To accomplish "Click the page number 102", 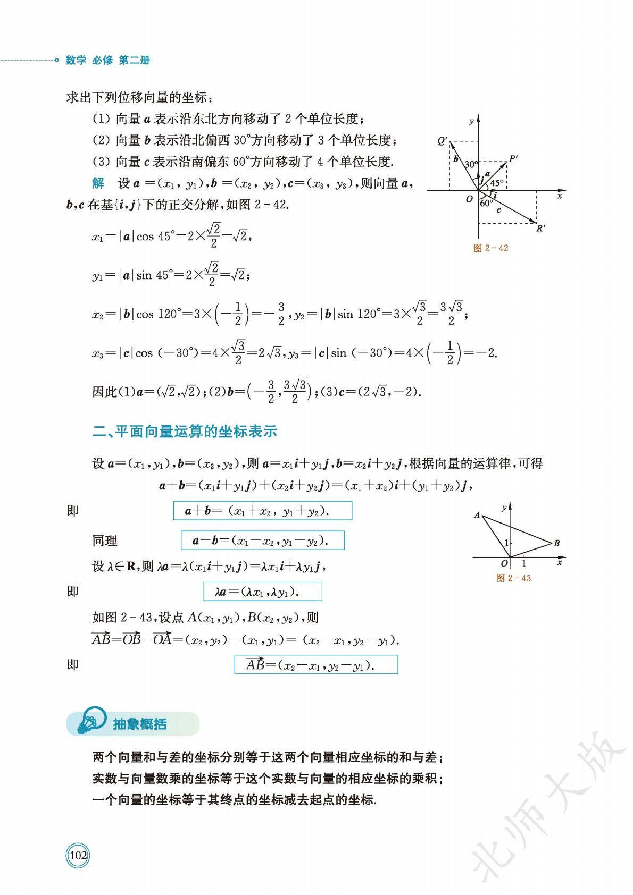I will coord(78,855).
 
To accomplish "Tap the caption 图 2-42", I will coord(490,248).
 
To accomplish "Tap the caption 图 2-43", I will coord(513,578).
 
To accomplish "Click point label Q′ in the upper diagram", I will coord(442,141).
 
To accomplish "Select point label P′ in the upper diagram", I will coord(513,158).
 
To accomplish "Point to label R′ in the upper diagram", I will coord(540,229).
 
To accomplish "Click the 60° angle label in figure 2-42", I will coord(486,203).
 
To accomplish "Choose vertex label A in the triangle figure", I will coord(477,514).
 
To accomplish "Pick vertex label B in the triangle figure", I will coord(556,543).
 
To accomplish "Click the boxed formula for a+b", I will coord(263,511).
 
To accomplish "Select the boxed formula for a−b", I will coord(263,541).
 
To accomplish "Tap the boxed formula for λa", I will coord(263,592).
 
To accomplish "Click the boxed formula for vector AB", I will coord(316,664).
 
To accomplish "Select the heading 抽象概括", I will coord(140,724).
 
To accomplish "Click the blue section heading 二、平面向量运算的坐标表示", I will coord(185,431).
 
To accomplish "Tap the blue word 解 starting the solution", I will coord(98,183).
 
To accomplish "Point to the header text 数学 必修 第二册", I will coord(107,60).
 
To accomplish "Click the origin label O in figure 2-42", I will coord(469,199).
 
